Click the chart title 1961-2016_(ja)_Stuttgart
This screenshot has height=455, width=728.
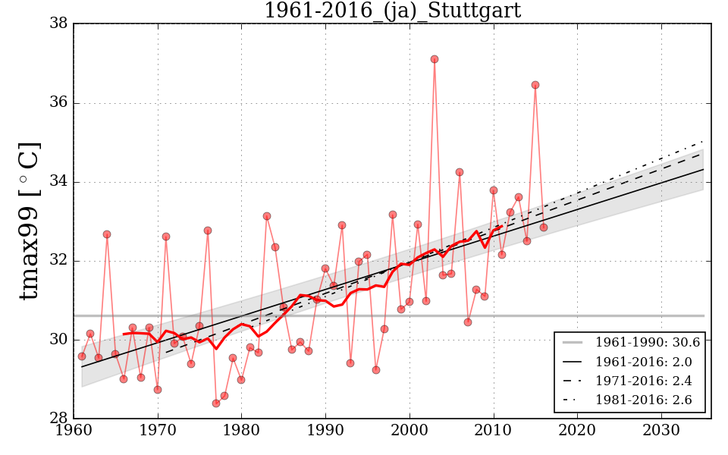[392, 11]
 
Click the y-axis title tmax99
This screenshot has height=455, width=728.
[29, 221]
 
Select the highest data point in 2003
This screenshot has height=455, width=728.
[435, 59]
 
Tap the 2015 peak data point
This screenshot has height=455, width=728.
[535, 85]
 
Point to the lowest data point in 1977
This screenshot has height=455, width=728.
[216, 403]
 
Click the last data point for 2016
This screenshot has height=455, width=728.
[544, 227]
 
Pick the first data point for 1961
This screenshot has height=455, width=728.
[82, 356]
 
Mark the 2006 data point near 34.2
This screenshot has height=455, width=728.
[460, 172]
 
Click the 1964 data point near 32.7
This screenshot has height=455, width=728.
[107, 234]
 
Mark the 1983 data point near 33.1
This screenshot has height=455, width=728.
[267, 216]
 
